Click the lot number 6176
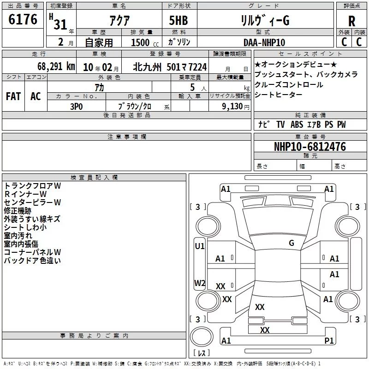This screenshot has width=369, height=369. [x=23, y=19]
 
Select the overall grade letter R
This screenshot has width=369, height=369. [x=351, y=21]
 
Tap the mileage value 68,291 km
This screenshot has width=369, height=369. [x=56, y=66]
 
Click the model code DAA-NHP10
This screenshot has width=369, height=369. [x=264, y=42]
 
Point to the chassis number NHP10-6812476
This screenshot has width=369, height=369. [x=310, y=147]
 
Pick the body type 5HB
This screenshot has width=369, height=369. [x=179, y=20]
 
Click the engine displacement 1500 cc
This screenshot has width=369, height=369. [x=145, y=42]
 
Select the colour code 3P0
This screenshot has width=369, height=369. [x=77, y=107]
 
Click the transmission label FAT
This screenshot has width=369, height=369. [x=13, y=96]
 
